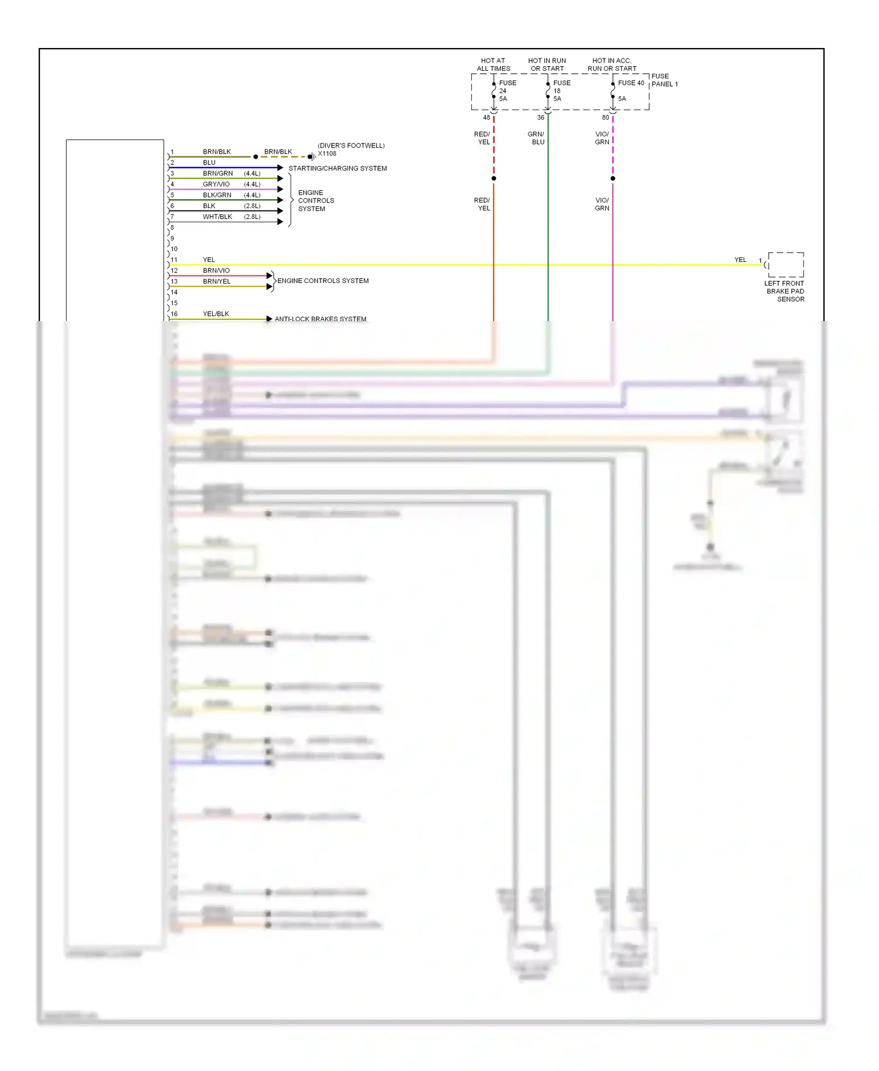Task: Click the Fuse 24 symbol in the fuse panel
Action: coord(494,91)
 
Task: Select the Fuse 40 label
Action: coord(631,83)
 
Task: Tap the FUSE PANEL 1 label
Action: coord(664,80)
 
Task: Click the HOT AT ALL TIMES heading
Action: coord(493,64)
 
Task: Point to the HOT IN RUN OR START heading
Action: coord(547,64)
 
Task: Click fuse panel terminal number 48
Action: coord(486,118)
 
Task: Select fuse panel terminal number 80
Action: coord(605,118)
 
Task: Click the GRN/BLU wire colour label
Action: coord(536,138)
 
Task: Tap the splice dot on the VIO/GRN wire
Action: coord(613,178)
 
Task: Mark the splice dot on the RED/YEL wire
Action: coord(494,178)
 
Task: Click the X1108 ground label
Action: coord(327,154)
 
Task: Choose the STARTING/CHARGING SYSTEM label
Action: coord(338,169)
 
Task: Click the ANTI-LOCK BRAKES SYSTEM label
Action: coord(321,319)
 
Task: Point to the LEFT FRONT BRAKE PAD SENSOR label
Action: coord(785,291)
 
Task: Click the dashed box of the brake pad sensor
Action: coord(786,265)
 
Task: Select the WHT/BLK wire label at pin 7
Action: coord(217,217)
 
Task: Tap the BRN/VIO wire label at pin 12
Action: coord(216,271)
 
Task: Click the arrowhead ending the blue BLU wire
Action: coord(281,168)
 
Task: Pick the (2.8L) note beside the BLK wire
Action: coord(252,206)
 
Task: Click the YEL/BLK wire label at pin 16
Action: coord(216,314)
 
